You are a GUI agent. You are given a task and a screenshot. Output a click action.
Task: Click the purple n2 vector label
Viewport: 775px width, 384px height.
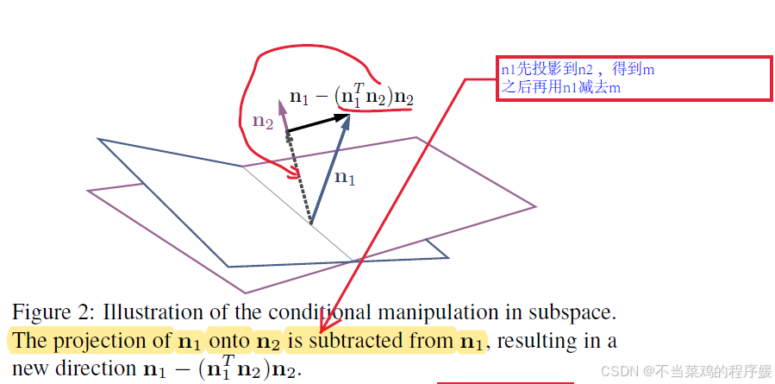click(x=263, y=122)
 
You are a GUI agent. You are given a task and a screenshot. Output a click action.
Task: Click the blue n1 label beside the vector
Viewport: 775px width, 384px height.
click(x=344, y=178)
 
